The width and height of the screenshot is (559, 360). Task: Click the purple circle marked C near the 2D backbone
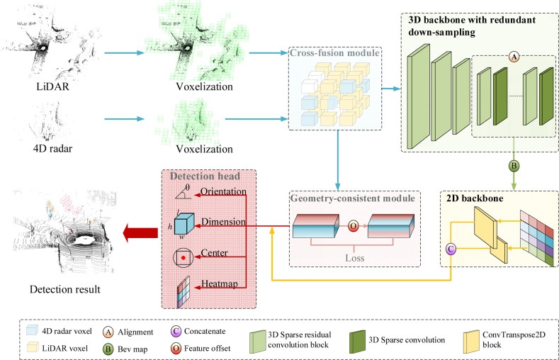tap(448, 249)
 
